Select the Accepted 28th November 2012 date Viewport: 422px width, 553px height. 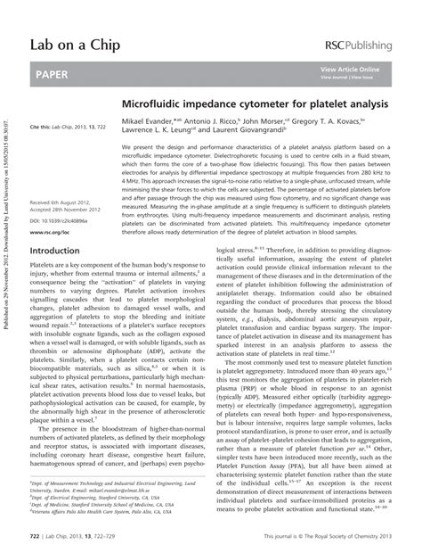coord(70,210)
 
